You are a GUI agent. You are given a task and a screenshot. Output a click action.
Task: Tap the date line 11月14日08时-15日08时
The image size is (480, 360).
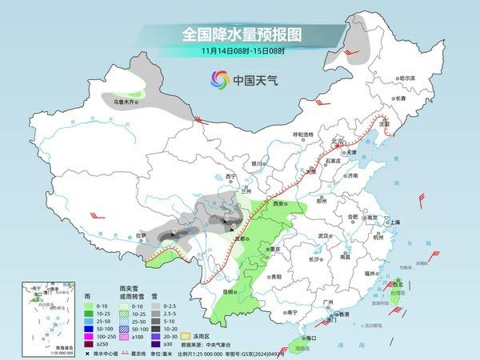coord(239,52)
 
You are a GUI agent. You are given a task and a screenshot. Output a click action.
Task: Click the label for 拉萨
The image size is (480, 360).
coord(142,234)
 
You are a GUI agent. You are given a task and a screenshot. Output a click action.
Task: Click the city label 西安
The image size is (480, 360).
coord(278,205)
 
